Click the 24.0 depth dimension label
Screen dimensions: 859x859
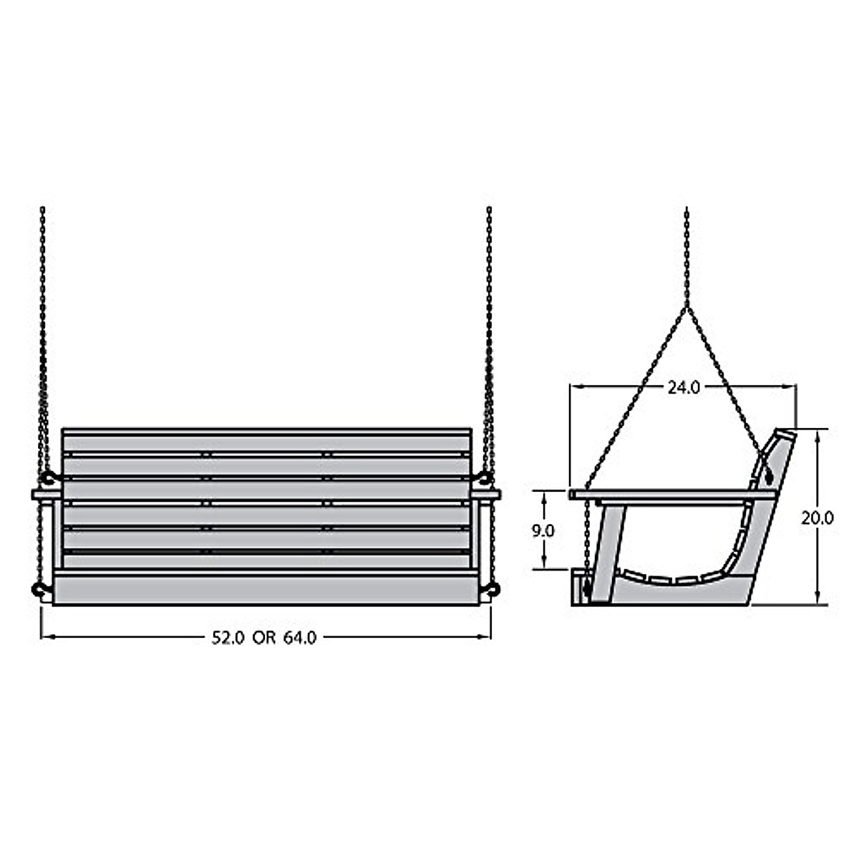pyautogui.click(x=683, y=387)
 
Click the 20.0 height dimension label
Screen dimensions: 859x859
pyautogui.click(x=817, y=518)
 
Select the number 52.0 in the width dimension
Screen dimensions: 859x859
pyautogui.click(x=228, y=637)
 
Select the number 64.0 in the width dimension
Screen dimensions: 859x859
pyautogui.click(x=299, y=637)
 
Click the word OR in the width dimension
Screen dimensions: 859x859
pyautogui.click(x=263, y=637)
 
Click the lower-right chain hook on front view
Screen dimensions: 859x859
pyautogui.click(x=492, y=588)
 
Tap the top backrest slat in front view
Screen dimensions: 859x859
pyautogui.click(x=266, y=442)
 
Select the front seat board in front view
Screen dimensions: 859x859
pyautogui.click(x=266, y=591)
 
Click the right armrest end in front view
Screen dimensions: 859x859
pyautogui.click(x=488, y=494)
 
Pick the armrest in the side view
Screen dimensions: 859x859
pyautogui.click(x=673, y=494)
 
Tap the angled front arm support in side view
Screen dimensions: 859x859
pyautogui.click(x=608, y=551)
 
